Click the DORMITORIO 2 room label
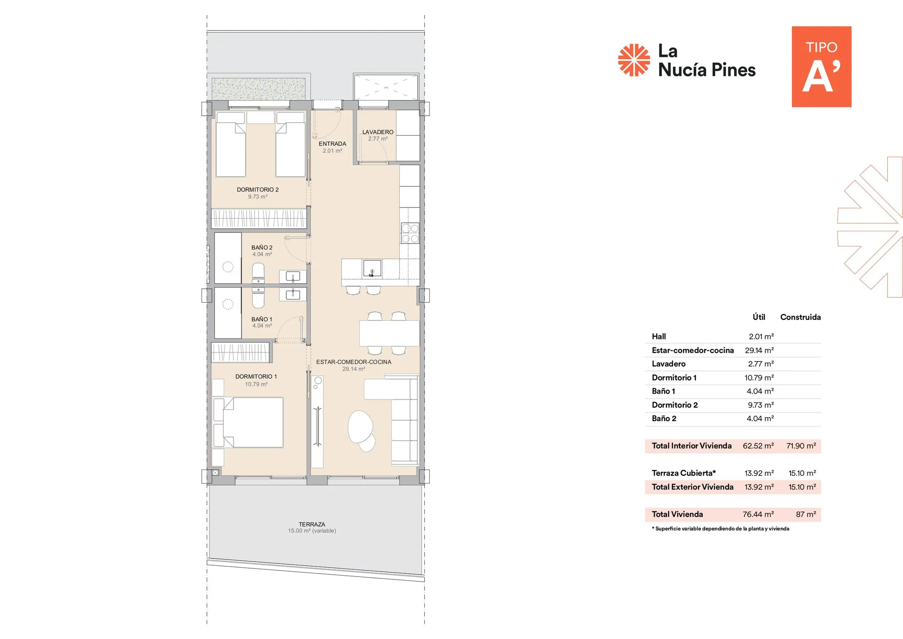pos(257,190)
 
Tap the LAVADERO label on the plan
pos(378,132)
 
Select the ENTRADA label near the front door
pos(332,144)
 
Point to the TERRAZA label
pos(312,524)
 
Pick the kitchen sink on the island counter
pos(372,268)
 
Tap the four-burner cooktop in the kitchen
pos(410,233)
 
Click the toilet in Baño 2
pos(258,273)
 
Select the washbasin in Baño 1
pos(293,295)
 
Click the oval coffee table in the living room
pos(360,427)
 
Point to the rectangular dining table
pos(390,333)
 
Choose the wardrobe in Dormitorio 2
pos(259,219)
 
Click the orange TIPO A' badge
pos(821,66)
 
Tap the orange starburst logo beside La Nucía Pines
pos(634,60)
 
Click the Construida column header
pos(800,317)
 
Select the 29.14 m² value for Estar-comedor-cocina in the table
pos(759,350)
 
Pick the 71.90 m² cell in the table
pos(801,446)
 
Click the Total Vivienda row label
pos(677,514)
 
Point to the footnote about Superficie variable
pos(720,529)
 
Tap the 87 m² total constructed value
pos(805,514)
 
